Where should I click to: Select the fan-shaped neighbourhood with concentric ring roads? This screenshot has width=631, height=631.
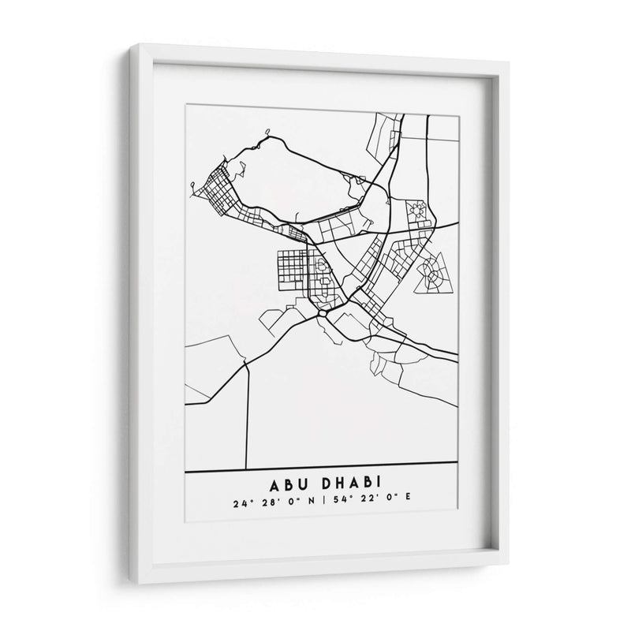click(432, 273)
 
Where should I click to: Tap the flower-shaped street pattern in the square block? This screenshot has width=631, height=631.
click(418, 211)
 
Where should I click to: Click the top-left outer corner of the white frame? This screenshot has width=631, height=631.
click(130, 46)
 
